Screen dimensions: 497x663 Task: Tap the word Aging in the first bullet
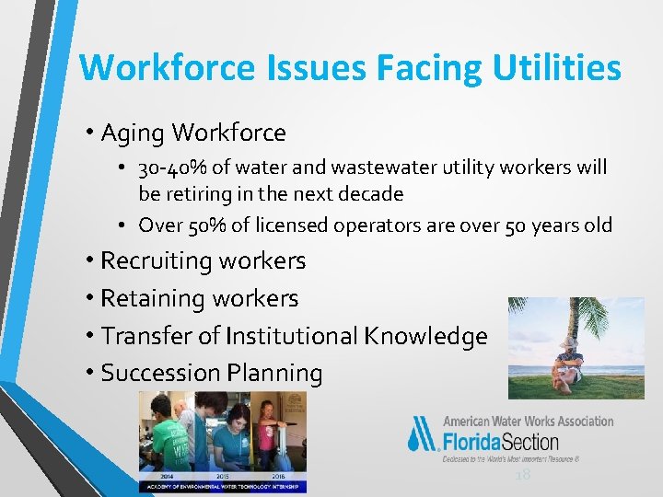(133, 133)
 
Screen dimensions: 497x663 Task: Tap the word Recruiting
(157, 261)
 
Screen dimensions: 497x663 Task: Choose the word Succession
(159, 374)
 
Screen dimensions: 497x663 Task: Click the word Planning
(273, 374)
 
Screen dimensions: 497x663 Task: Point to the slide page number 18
(523, 474)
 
